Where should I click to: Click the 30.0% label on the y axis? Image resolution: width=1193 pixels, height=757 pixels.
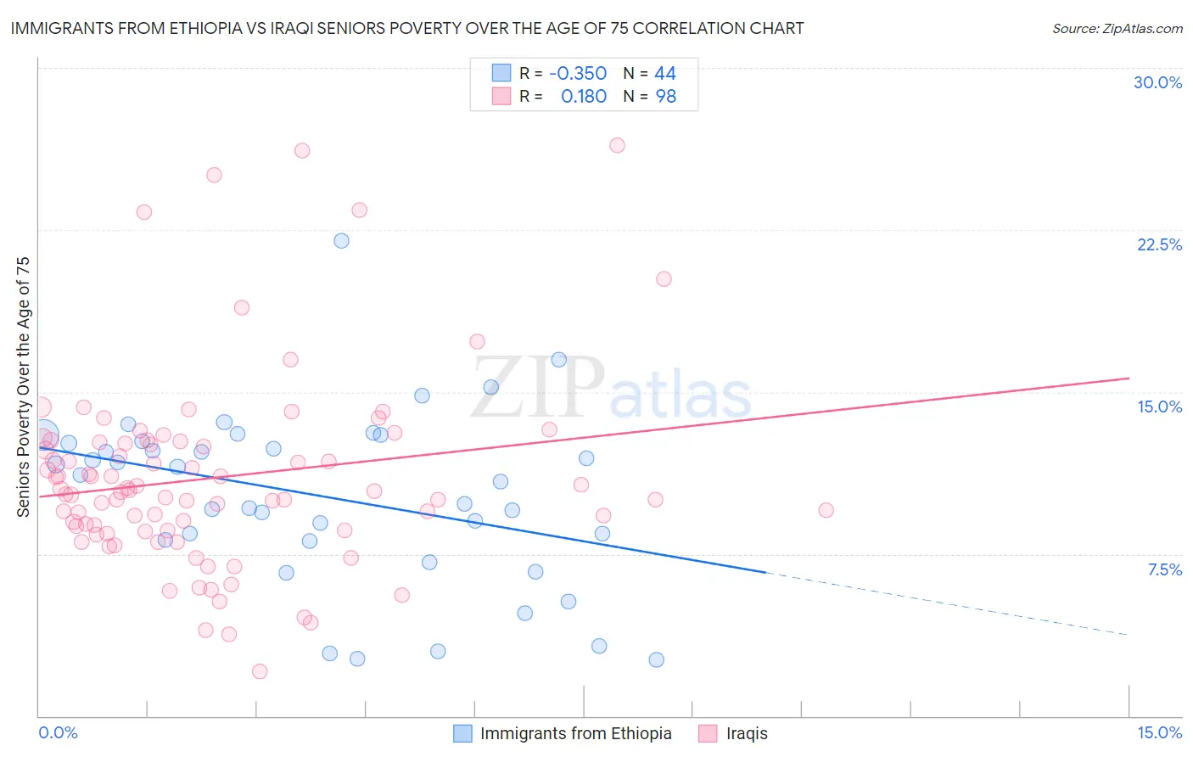coord(1157,82)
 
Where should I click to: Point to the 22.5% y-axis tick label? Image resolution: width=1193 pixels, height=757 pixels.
coord(1159,244)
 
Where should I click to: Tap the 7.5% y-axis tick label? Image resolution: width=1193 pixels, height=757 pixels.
coord(1164,569)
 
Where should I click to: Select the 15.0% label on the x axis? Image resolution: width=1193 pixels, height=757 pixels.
coord(1159,732)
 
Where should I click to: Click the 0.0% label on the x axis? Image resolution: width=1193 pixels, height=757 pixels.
coord(58,732)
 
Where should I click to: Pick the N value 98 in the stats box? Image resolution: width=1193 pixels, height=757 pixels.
coord(665,97)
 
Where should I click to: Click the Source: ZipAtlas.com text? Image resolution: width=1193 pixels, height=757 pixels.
coord(1117,28)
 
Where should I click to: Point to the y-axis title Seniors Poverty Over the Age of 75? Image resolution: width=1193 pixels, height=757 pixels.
coord(24,387)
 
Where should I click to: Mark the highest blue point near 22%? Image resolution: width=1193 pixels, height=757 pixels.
coord(341,240)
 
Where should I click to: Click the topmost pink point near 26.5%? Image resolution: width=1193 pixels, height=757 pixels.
coord(617,145)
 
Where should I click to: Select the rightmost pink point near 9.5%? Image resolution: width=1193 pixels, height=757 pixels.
coord(826,510)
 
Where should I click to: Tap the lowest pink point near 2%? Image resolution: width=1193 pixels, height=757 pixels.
coord(260,671)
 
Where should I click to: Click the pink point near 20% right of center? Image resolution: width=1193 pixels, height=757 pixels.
coord(664,278)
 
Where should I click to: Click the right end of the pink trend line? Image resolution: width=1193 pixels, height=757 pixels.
coord(1129,378)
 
